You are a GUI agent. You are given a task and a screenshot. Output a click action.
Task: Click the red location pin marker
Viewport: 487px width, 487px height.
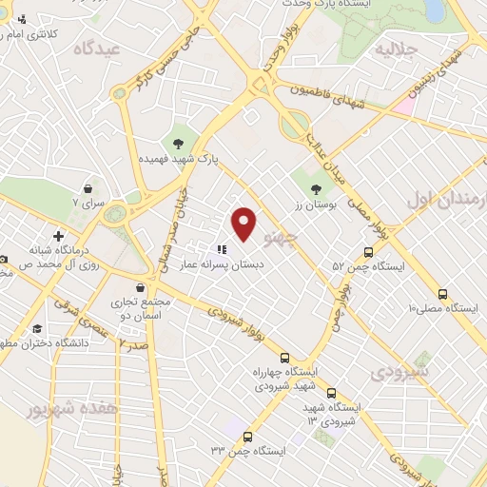[244, 222]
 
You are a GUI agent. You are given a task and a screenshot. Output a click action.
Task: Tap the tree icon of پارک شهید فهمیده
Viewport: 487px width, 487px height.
[177, 144]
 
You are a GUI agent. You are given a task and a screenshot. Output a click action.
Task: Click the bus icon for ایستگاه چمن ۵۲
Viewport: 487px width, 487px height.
[368, 252]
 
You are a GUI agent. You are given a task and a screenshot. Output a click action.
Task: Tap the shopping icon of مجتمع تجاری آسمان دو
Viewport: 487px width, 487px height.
[141, 286]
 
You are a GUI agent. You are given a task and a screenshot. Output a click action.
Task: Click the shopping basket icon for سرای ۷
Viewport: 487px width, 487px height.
[88, 187]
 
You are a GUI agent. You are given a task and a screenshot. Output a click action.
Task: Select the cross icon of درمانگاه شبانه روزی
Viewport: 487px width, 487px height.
[59, 235]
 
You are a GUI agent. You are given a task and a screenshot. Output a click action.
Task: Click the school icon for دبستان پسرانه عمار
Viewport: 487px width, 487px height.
[221, 250]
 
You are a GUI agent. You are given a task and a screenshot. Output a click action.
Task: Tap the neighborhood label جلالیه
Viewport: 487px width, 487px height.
[397, 48]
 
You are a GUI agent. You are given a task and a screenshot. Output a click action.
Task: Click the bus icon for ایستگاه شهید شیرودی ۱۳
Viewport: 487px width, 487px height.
[331, 393]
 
